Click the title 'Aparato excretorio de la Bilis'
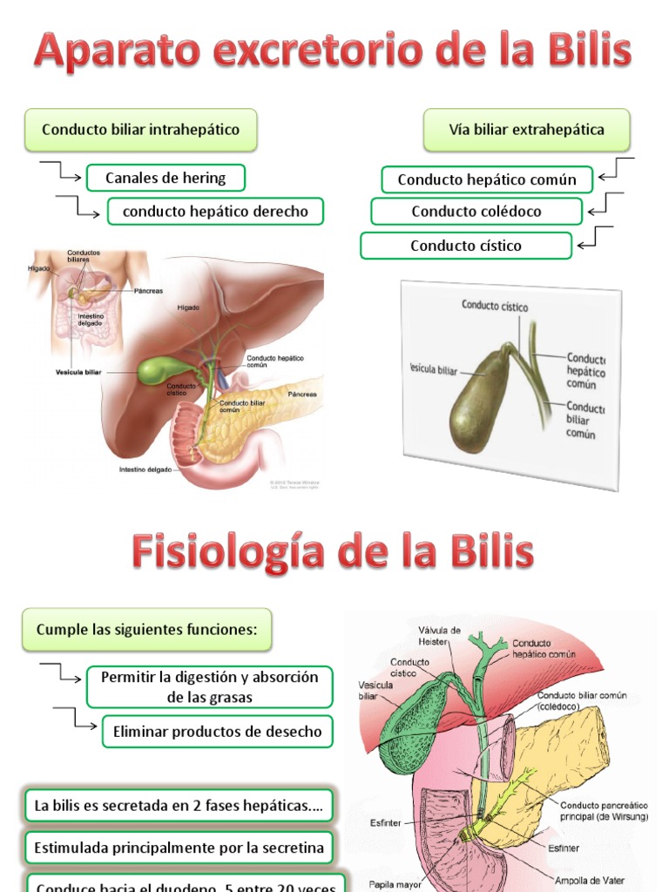click(x=333, y=51)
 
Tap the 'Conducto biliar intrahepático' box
click(x=140, y=130)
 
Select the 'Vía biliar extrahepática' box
click(x=526, y=130)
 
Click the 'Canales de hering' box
click(x=166, y=178)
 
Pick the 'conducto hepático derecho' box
click(x=215, y=211)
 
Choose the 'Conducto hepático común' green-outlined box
click(x=487, y=179)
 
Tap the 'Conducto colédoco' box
click(x=476, y=211)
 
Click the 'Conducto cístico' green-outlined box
click(x=466, y=246)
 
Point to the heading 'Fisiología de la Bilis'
click(x=333, y=552)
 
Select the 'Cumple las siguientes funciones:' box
click(x=146, y=629)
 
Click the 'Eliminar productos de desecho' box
click(x=218, y=732)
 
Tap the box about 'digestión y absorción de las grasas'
click(x=209, y=687)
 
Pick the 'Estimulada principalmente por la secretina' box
click(x=179, y=847)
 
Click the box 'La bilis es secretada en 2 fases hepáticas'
click(x=179, y=806)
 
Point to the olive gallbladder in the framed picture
click(x=478, y=402)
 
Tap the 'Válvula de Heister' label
click(x=439, y=635)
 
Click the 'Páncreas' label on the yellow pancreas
click(x=305, y=395)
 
